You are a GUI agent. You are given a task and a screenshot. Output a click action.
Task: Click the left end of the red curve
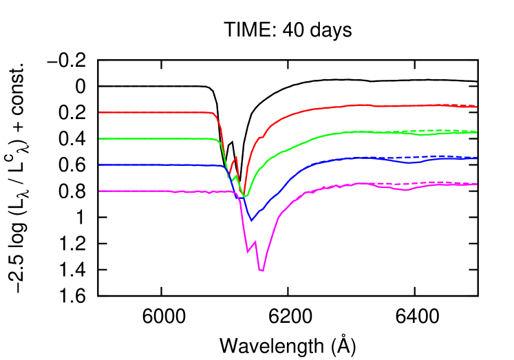100,112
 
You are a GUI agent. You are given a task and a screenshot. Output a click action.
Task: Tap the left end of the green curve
100,138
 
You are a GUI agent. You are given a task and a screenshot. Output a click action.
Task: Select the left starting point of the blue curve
100,165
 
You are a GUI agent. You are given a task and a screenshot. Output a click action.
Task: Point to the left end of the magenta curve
100,191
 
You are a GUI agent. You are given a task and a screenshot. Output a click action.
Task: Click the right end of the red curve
476,107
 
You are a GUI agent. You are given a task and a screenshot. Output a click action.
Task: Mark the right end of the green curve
476,132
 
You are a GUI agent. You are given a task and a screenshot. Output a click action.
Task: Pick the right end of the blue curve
476,158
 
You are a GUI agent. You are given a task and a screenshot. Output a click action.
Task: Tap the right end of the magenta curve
476,184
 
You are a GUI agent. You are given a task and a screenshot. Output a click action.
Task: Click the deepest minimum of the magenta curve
262,271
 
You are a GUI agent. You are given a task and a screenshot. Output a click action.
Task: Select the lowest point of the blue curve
251,220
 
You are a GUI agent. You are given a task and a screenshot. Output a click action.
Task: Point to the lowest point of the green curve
244,197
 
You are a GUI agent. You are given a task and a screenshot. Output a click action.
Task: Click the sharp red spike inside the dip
237,157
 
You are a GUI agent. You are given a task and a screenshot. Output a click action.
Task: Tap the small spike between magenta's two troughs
255,242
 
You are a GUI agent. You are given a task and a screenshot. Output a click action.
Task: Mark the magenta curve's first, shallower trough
248,252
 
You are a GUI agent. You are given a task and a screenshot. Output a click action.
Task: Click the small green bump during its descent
236,176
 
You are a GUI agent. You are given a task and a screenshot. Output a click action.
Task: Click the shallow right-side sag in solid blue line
410,162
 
